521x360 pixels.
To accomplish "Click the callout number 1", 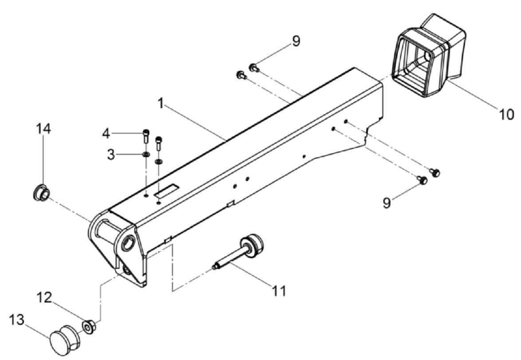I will (161, 103).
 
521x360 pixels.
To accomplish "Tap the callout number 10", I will (505, 115).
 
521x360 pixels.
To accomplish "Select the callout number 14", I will (43, 129).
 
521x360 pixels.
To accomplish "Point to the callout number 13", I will (17, 320).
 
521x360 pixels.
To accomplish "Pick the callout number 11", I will (279, 291).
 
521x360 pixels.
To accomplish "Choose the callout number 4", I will (106, 133).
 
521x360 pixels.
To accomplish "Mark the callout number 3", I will (111, 154).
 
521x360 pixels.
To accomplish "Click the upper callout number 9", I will (296, 41).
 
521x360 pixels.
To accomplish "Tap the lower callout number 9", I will (387, 203).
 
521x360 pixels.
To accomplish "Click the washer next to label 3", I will (146, 154).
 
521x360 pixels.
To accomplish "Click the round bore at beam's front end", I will (128, 244).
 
